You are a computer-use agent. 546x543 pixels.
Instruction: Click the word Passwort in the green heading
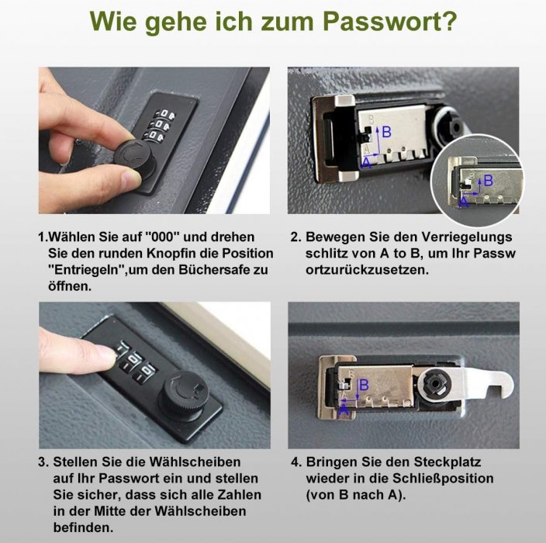click(x=389, y=21)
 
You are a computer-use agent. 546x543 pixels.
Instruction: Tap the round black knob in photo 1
click(x=134, y=157)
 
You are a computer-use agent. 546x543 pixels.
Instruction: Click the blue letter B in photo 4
click(x=364, y=385)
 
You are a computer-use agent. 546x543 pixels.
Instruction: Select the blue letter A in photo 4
click(x=344, y=410)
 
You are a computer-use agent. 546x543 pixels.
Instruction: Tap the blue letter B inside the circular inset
click(x=488, y=181)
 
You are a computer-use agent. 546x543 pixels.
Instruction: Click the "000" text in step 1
click(x=161, y=237)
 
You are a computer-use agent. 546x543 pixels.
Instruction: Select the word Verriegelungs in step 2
click(x=467, y=237)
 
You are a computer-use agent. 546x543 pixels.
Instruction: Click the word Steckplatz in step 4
click(x=447, y=462)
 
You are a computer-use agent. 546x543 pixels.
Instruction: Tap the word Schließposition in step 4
click(x=444, y=478)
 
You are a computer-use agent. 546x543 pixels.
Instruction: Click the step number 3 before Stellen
click(x=43, y=462)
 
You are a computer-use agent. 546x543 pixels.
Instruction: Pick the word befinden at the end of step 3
click(x=83, y=527)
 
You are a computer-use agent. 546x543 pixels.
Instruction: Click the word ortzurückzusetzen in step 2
click(x=367, y=270)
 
